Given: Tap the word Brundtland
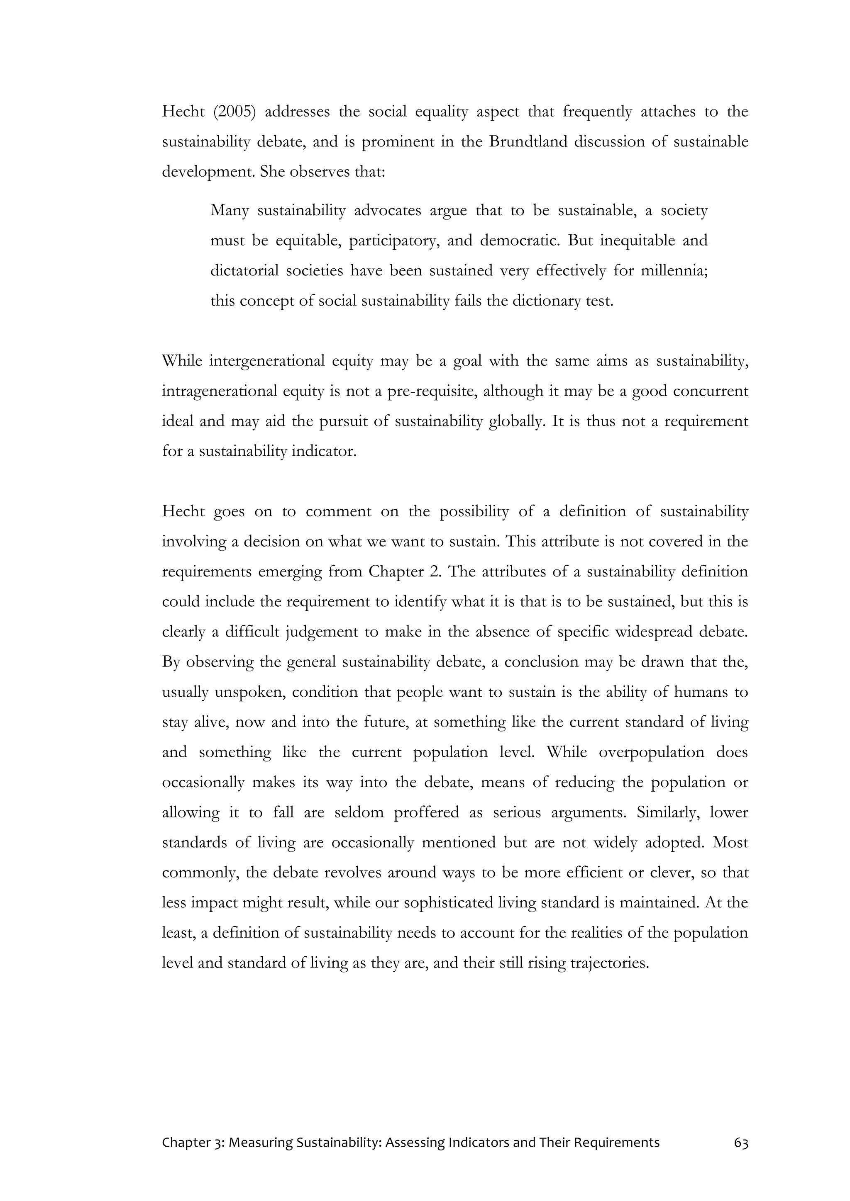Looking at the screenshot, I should coord(528,142).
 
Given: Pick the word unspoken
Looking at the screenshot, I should coord(249,692).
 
